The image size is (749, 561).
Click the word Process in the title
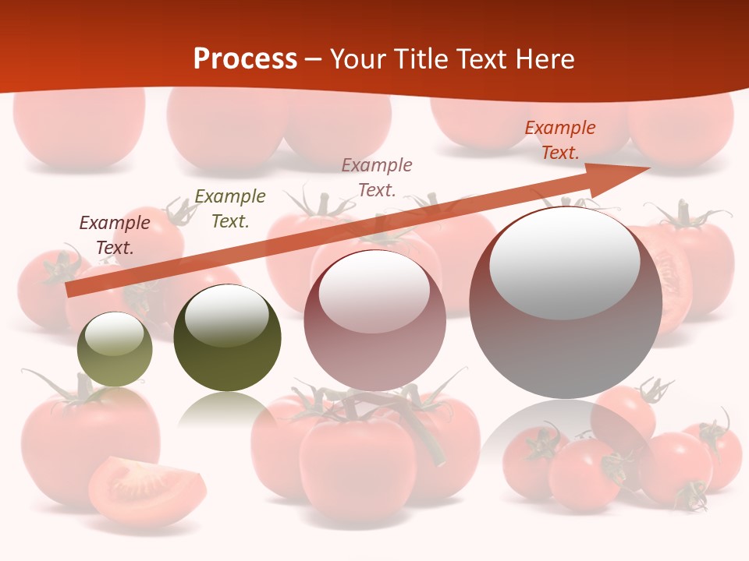(x=245, y=59)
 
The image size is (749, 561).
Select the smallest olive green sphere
(x=115, y=351)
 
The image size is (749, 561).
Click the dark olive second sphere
(x=227, y=340)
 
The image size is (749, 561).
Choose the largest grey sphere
(x=566, y=304)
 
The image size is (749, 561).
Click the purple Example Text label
(x=115, y=235)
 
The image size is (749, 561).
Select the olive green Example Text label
(x=230, y=209)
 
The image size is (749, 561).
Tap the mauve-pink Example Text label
(x=377, y=177)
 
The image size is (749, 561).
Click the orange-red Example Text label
(x=560, y=140)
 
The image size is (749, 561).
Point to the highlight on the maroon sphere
(x=374, y=291)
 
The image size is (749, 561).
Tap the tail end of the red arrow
(x=72, y=291)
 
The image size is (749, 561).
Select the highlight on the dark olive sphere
(x=227, y=316)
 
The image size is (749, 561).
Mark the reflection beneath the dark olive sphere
(x=226, y=409)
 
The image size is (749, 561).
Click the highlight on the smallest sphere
(x=114, y=334)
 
